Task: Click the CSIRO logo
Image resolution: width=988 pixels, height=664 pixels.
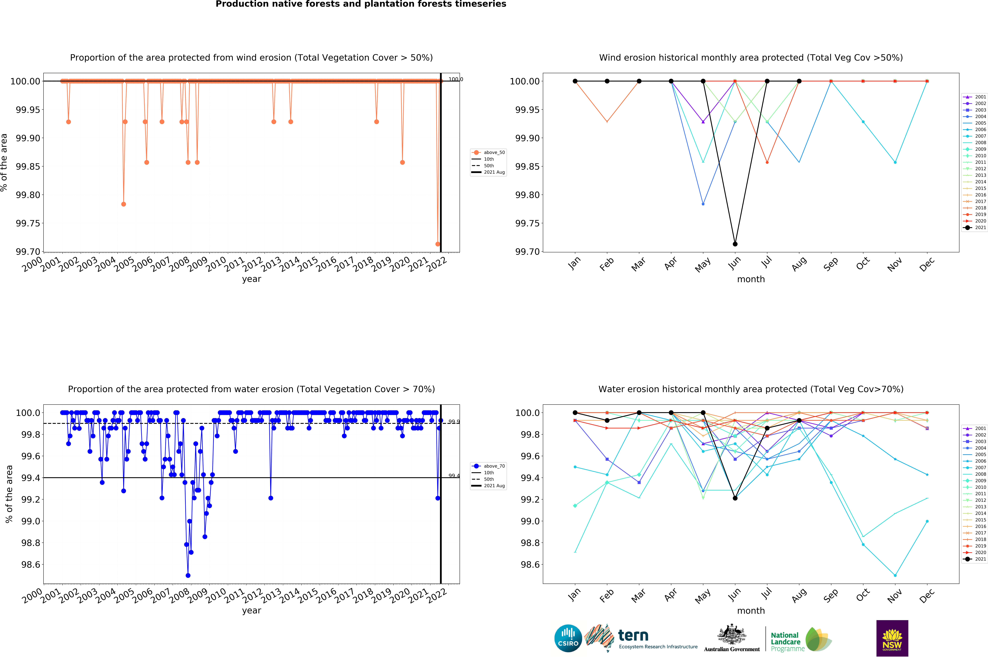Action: (x=568, y=638)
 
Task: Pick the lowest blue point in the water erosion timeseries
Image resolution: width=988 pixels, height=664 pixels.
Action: (x=188, y=575)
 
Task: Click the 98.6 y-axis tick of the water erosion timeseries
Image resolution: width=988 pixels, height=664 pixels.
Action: (x=30, y=565)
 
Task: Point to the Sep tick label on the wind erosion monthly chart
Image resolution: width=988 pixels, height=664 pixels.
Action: (x=830, y=264)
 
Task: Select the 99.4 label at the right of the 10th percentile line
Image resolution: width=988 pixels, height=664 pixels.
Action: (x=454, y=476)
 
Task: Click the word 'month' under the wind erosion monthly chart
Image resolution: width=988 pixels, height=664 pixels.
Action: (x=751, y=279)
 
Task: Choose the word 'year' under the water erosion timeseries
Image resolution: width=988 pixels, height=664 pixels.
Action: (x=252, y=611)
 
